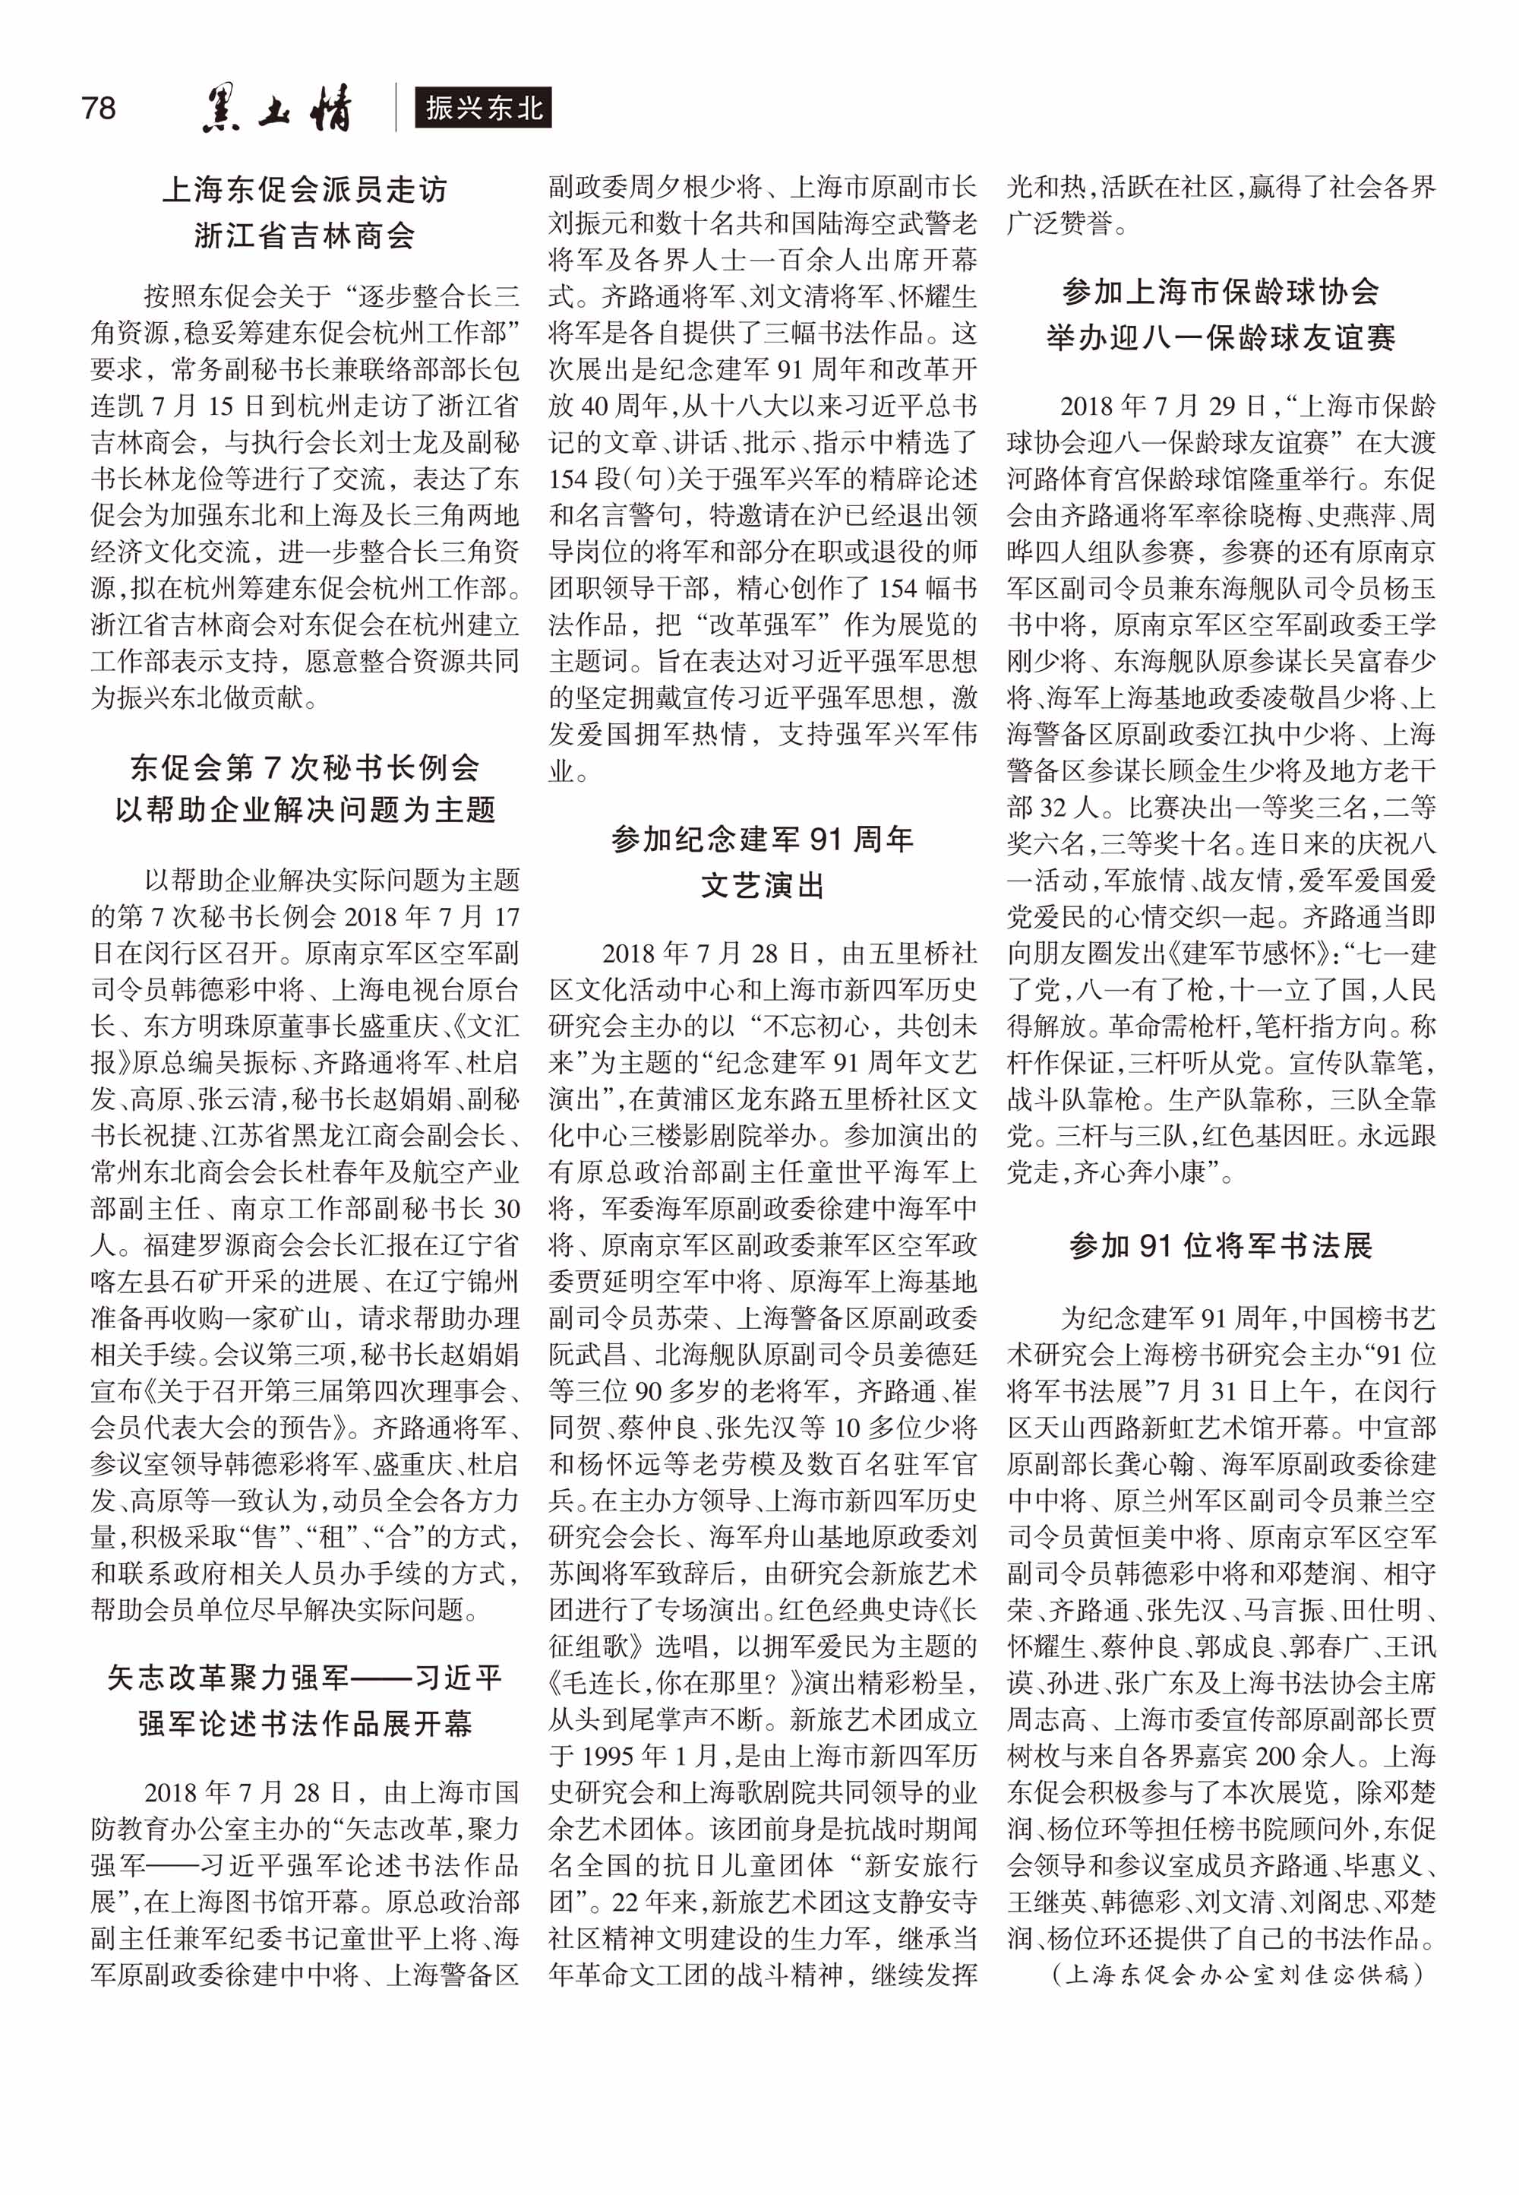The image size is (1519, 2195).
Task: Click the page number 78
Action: [99, 108]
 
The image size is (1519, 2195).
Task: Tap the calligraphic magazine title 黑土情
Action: [277, 108]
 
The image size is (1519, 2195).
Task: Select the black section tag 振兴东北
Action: [484, 108]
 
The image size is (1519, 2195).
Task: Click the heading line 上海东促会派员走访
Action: [305, 189]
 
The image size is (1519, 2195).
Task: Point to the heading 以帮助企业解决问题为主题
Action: [305, 809]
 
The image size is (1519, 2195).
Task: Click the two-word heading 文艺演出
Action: [763, 885]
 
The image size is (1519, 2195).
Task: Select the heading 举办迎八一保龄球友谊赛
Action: [1221, 338]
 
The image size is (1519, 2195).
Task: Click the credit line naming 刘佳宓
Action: [1237, 1974]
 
